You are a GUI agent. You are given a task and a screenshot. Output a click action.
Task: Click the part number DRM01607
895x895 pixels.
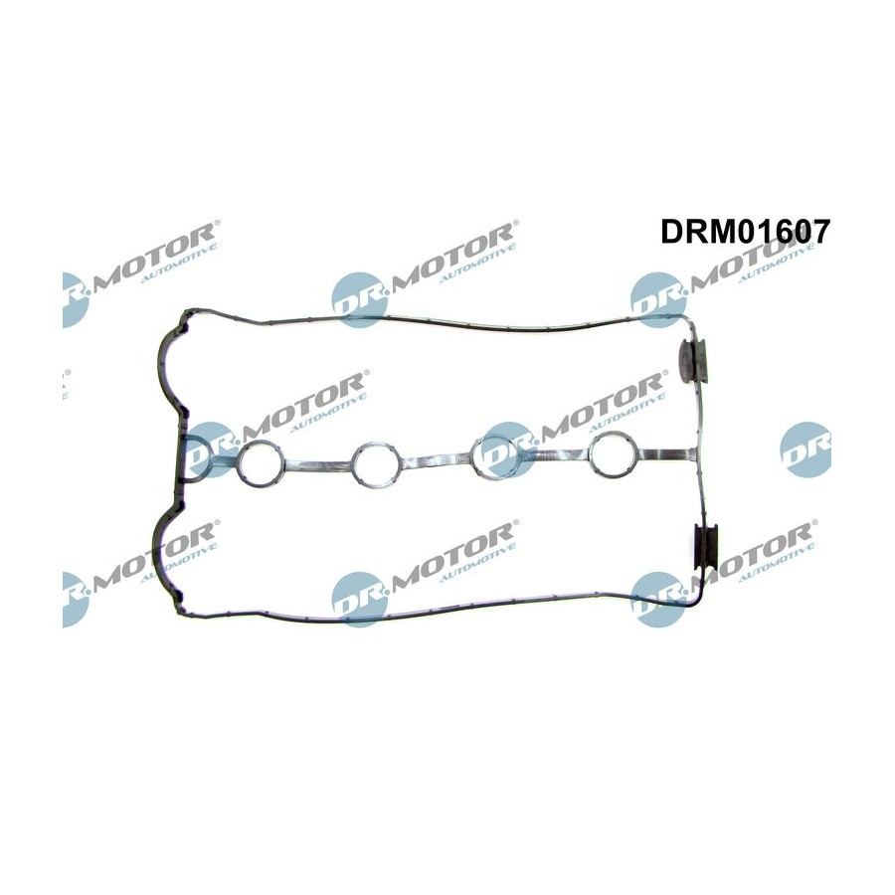point(744,233)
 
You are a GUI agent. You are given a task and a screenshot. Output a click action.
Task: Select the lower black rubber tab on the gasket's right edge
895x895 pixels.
point(707,546)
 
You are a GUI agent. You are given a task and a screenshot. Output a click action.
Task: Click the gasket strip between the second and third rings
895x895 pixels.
point(438,458)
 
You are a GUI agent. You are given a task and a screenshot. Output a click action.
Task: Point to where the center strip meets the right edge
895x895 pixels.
point(696,454)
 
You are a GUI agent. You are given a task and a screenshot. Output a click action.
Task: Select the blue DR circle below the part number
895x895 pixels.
point(658,299)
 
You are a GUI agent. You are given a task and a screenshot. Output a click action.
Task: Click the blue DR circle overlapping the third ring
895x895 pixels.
point(509,449)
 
